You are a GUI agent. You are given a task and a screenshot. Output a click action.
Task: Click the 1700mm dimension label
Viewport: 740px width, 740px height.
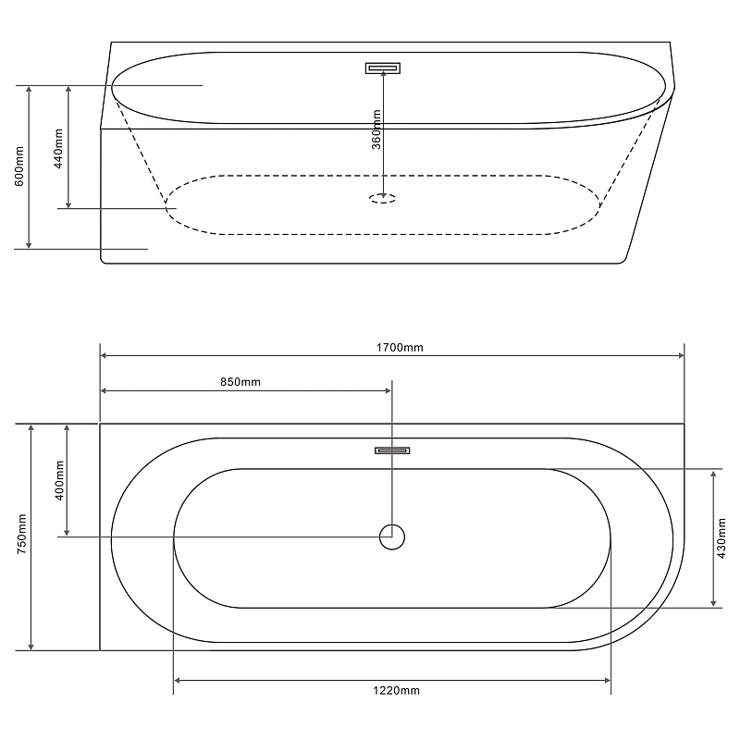coord(400,348)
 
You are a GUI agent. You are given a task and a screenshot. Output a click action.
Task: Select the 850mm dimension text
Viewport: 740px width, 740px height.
coord(240,382)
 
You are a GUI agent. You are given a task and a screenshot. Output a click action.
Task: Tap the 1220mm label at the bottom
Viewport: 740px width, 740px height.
coord(397,691)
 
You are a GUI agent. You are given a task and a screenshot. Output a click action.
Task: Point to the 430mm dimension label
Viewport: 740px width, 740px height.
coord(721,538)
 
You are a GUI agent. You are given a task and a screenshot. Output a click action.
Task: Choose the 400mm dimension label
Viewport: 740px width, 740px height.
coord(59,480)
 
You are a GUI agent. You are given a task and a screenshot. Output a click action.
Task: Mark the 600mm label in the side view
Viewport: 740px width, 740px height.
coord(19,166)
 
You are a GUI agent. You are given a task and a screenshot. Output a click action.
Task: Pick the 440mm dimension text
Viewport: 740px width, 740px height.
coord(58,149)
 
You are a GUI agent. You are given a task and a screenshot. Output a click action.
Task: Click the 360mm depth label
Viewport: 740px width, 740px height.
coord(376,129)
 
